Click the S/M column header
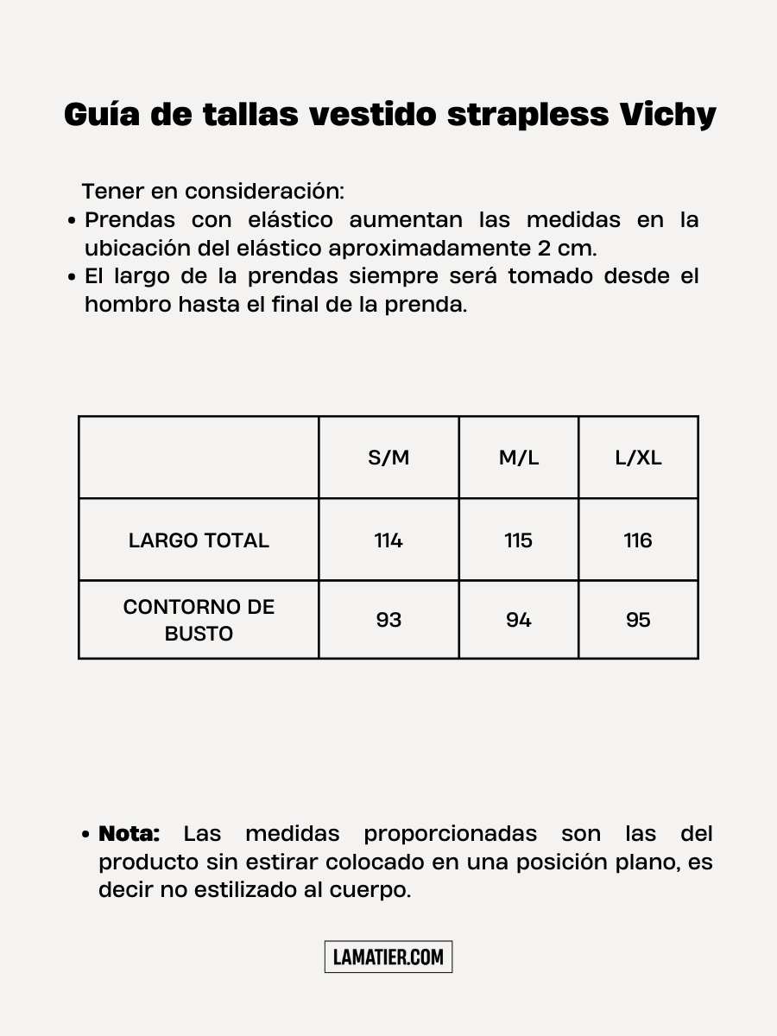tap(388, 458)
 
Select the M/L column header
tap(519, 458)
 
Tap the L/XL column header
tap(638, 458)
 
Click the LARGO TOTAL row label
tap(199, 540)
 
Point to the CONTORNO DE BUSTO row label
tap(199, 620)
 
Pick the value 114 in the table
tap(388, 540)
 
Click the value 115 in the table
tap(519, 540)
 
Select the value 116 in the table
tap(638, 540)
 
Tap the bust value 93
tap(388, 620)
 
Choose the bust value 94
tap(519, 620)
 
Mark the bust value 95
tap(638, 620)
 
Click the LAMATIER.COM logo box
tap(388, 957)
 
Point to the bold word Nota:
tap(129, 834)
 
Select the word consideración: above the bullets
tap(264, 191)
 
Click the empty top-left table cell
tap(199, 458)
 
